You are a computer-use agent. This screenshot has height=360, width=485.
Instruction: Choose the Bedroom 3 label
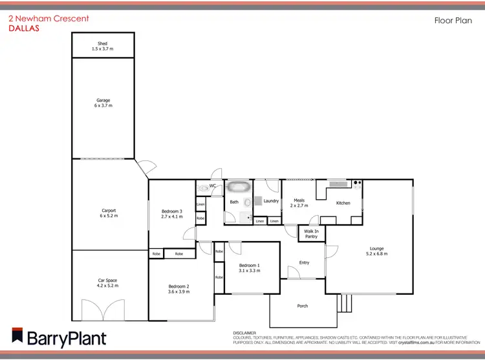pos(172,211)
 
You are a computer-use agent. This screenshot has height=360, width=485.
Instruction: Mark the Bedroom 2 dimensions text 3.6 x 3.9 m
pos(178,292)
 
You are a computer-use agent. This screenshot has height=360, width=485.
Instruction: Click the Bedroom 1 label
pos(250,266)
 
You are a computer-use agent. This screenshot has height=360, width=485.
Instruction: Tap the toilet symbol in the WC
pos(204,187)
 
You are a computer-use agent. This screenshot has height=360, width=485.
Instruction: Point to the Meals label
pos(299,200)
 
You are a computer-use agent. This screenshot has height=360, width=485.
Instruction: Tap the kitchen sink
pos(338,184)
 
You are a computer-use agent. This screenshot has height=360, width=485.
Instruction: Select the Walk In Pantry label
pos(311,233)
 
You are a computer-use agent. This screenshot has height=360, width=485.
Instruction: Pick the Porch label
pos(303,306)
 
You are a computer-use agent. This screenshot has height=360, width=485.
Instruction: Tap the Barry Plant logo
pos(58,337)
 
